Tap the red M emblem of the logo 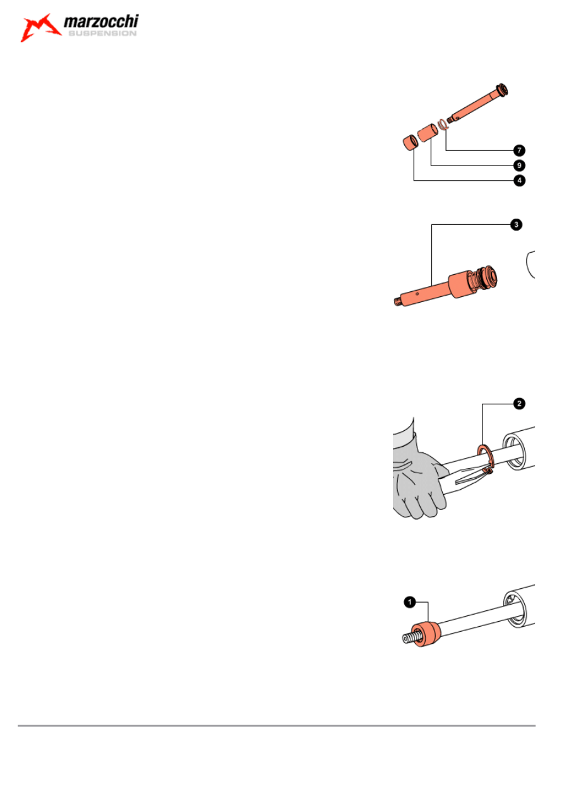[40, 27]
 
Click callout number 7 [519, 150]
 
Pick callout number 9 [519, 166]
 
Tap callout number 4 [519, 181]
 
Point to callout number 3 [516, 224]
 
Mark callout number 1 [410, 603]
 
